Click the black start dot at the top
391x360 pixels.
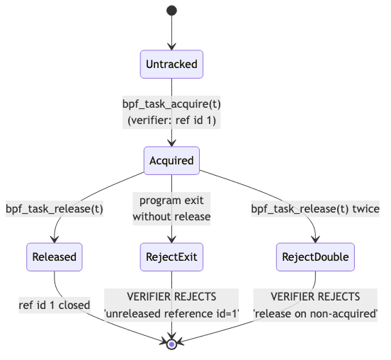coord(171,11)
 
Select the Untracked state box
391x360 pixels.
coord(171,64)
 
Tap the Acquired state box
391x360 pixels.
coord(171,160)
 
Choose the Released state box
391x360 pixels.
coord(55,257)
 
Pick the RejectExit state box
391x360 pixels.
coord(171,257)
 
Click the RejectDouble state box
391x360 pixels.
coord(315,257)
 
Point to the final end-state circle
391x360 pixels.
coord(171,344)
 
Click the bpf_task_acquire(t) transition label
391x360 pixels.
coord(171,104)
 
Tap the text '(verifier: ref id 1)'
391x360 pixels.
coord(171,120)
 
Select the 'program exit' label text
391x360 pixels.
coord(171,201)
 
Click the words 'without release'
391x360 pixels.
coord(171,217)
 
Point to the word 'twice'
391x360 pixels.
coord(365,208)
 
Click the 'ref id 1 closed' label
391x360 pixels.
coord(55,305)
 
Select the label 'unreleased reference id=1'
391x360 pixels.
coord(171,314)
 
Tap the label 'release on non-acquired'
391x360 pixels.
coord(315,314)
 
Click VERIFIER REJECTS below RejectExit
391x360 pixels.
coord(171,297)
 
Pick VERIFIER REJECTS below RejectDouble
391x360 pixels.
coord(315,297)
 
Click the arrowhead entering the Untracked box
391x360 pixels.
coord(171,47)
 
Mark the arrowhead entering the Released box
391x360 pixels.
coord(55,240)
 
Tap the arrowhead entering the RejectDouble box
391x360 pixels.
coord(316,240)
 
